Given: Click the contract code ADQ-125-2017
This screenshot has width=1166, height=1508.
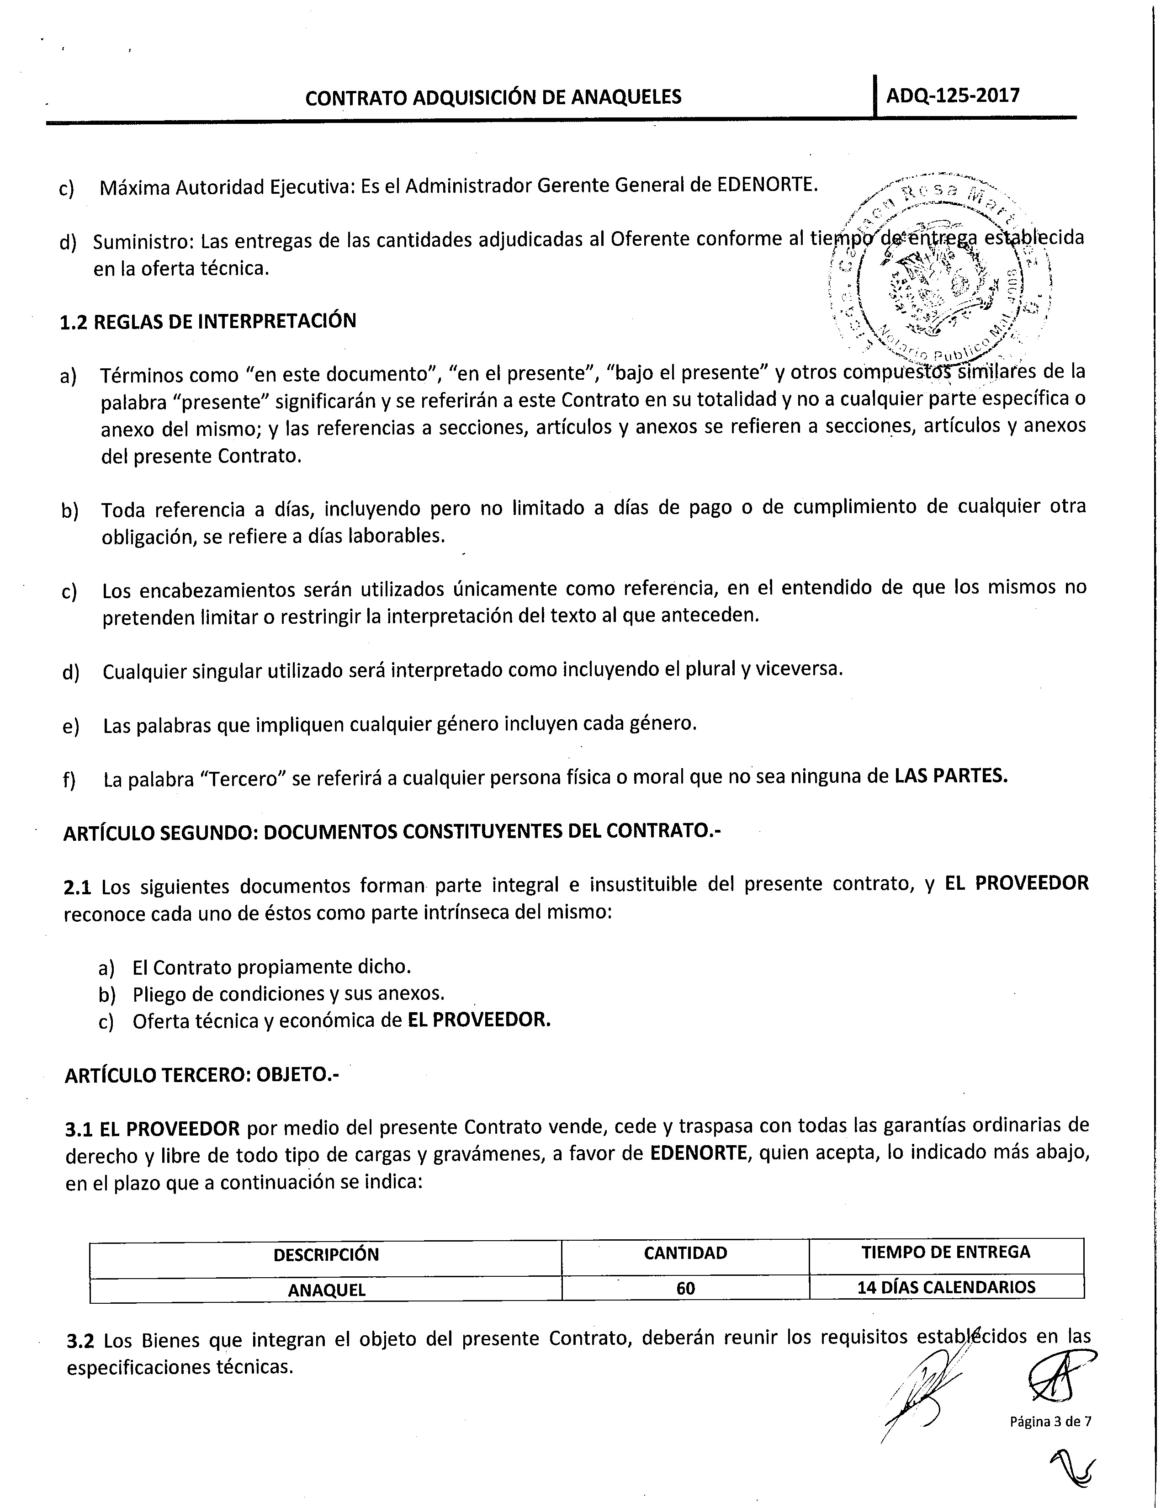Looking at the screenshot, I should (x=952, y=96).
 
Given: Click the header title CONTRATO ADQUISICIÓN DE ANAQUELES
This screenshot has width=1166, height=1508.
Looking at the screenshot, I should (x=493, y=97).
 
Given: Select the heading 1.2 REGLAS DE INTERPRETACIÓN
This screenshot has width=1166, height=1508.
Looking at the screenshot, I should (x=208, y=322).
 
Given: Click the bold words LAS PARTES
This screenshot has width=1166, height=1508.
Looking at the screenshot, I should (x=951, y=776).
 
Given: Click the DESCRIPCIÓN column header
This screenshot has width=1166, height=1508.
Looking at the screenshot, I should (x=326, y=1254).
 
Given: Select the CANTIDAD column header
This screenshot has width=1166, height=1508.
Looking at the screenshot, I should (x=685, y=1253).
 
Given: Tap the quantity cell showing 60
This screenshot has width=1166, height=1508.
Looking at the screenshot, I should (x=685, y=1289).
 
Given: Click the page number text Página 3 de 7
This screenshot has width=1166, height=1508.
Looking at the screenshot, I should (x=1050, y=1421).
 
